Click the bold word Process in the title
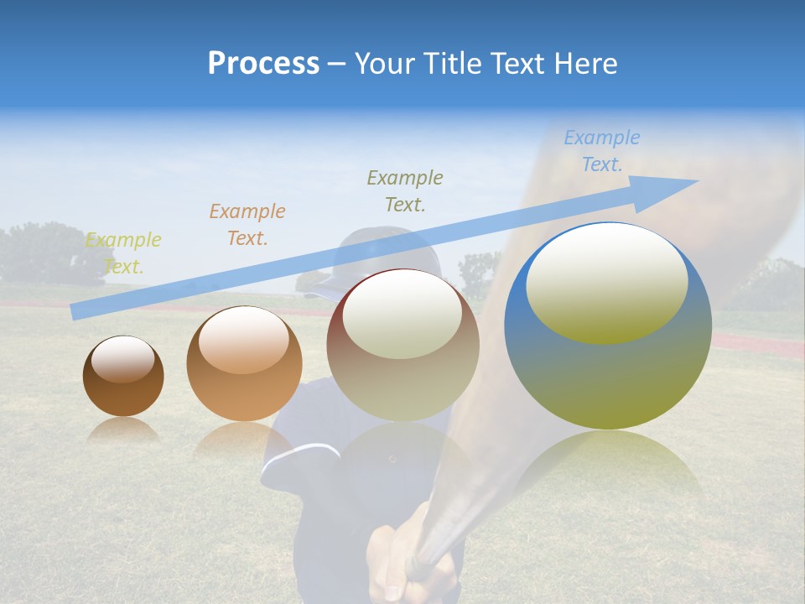click(263, 64)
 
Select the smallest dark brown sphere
click(123, 377)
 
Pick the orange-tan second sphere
click(244, 362)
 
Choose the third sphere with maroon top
click(402, 344)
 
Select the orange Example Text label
click(247, 225)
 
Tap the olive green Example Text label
click(405, 190)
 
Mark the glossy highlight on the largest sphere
click(606, 283)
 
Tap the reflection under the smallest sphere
click(123, 430)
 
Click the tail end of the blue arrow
click(75, 311)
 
